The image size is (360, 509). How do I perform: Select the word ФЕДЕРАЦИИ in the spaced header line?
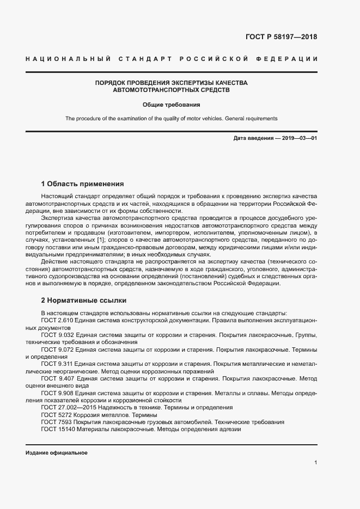tap(288, 59)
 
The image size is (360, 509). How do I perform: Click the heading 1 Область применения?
tap(82, 183)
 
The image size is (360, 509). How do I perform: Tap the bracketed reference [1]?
tap(101, 239)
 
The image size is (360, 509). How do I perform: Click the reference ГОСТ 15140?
tap(57, 428)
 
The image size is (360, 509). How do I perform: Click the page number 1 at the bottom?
tap(316, 463)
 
